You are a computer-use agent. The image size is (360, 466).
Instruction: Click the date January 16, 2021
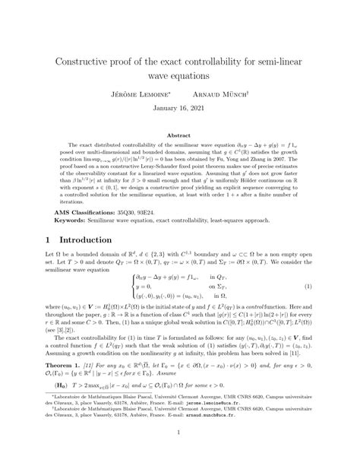click(x=179, y=109)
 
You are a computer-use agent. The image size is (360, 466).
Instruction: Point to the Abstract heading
click(x=179, y=135)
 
